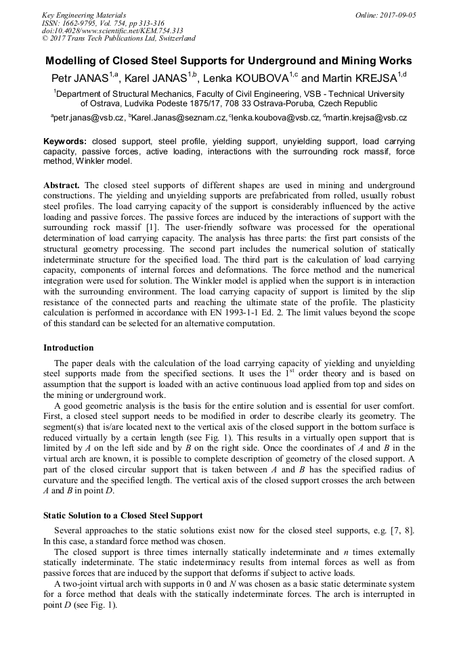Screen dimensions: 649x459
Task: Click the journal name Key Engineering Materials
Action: click(84, 15)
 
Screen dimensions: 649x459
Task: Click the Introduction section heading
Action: click(68, 348)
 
